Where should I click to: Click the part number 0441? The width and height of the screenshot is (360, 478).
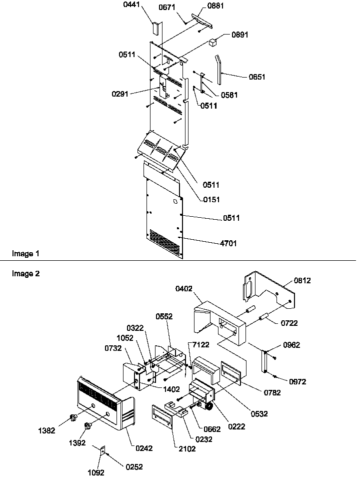click(129, 7)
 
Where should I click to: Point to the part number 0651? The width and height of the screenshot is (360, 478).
click(257, 77)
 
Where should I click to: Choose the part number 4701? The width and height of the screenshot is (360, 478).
click(228, 243)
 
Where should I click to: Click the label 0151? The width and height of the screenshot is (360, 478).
click(211, 200)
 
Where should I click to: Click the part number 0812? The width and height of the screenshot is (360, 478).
click(302, 281)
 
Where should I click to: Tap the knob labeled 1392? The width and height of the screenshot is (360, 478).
click(88, 426)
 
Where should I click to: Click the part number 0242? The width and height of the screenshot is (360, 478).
click(144, 448)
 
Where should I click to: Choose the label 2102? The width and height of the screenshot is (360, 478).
click(187, 449)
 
